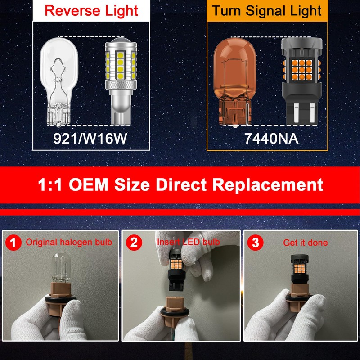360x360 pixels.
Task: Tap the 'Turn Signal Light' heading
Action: pos(267,10)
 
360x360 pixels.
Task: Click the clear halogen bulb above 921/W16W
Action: pos(58,81)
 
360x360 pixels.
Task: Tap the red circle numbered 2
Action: pos(134,243)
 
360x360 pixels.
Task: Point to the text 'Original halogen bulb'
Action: pos(69,242)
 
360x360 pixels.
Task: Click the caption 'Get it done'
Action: pos(306,243)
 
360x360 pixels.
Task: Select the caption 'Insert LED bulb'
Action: pos(189,242)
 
